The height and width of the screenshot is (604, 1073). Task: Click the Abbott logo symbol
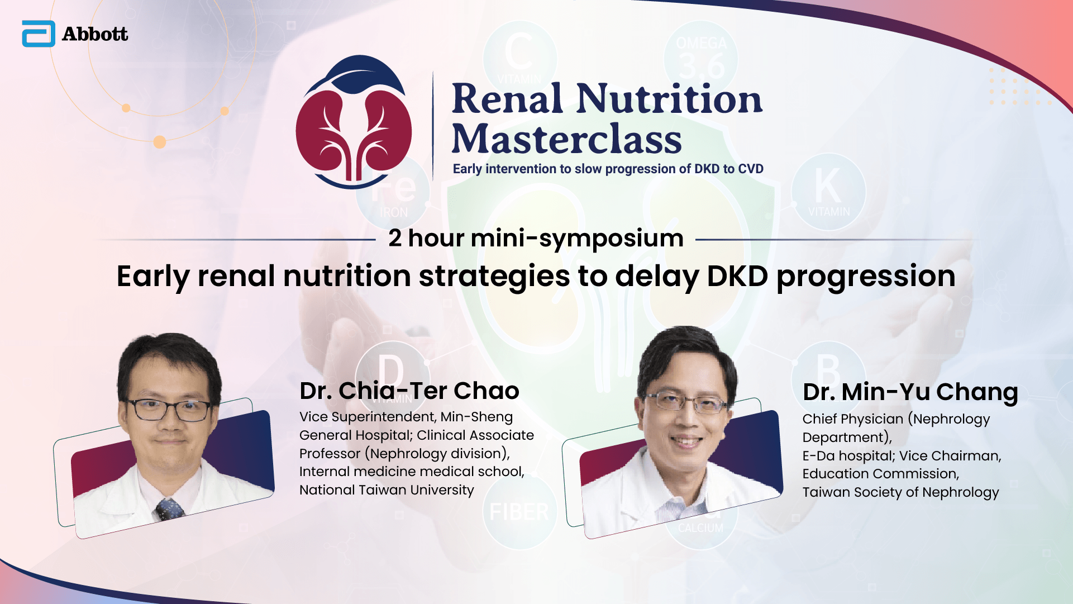pos(39,34)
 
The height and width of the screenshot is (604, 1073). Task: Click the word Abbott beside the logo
pos(95,34)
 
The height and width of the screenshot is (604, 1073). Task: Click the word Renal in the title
pos(507,98)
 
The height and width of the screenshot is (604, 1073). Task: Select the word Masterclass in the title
pos(567,139)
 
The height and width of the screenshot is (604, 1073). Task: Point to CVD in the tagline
pos(751,169)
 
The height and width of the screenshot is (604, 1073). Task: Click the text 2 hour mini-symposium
pos(536,238)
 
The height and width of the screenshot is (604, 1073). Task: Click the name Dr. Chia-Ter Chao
pos(409,391)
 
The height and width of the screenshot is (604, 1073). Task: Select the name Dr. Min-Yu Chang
pos(910,392)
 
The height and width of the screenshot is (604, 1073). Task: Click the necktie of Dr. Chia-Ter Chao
pos(170,508)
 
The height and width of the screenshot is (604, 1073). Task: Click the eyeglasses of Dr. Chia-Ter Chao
pos(168,410)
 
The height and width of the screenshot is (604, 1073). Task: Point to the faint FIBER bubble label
pos(519,512)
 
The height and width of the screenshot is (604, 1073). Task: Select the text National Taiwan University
pos(387,490)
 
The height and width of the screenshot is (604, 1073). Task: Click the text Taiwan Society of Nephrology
pos(900,492)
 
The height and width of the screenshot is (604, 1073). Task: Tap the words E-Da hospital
pos(847,456)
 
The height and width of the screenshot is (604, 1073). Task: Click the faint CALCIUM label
pos(700,528)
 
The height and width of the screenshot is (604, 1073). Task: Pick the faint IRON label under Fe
pos(394,213)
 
